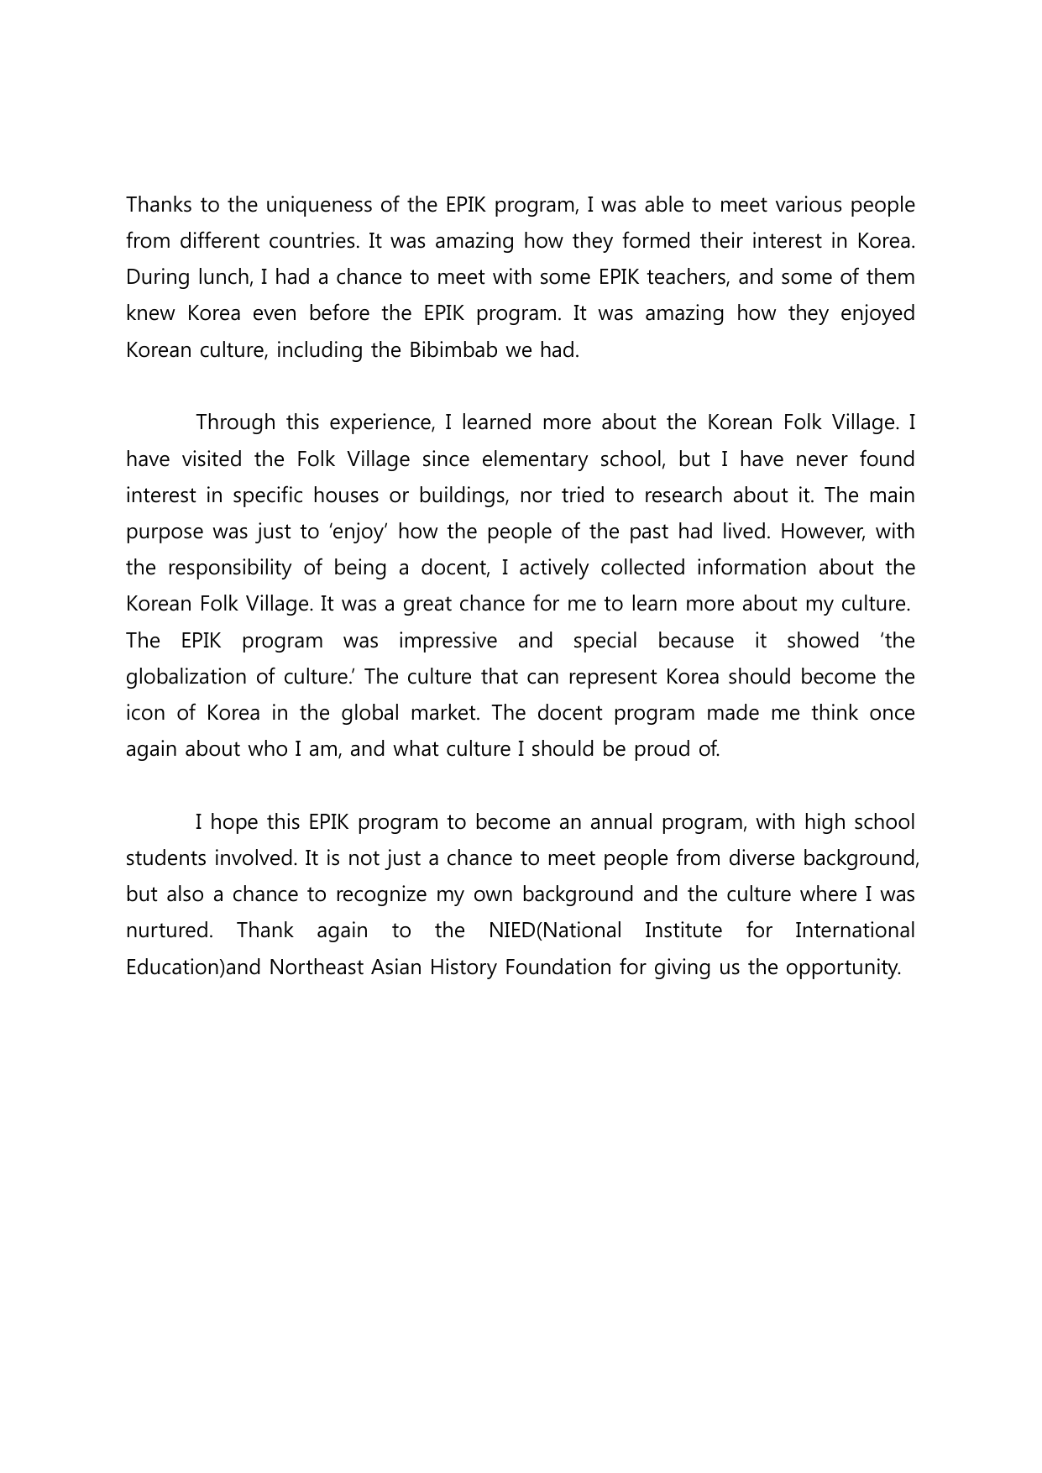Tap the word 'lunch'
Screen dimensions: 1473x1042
219,277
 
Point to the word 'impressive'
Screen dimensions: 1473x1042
448,641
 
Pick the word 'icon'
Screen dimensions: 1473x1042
145,713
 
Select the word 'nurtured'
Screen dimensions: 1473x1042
168,930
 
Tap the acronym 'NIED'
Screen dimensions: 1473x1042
511,930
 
